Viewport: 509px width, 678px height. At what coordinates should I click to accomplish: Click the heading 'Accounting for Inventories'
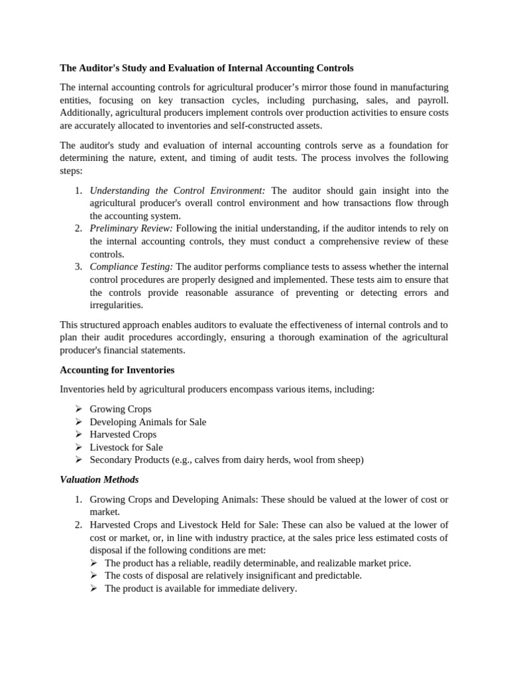(x=117, y=369)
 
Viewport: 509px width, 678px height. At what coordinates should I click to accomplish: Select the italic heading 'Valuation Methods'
(x=99, y=479)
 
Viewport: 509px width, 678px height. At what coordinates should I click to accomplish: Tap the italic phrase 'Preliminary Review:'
(x=131, y=228)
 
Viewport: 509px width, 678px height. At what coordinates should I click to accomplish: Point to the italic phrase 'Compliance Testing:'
(x=131, y=267)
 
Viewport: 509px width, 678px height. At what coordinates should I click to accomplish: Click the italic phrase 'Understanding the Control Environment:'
(x=177, y=191)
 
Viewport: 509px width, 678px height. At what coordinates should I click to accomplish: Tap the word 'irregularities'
(x=117, y=305)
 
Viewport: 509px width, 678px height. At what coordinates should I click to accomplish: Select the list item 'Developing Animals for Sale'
(x=148, y=422)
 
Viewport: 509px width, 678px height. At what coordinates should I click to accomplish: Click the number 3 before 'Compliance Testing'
(x=78, y=267)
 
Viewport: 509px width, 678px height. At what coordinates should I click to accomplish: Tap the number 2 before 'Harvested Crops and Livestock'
(x=78, y=525)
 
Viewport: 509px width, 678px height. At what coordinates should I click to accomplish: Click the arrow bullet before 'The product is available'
(x=94, y=588)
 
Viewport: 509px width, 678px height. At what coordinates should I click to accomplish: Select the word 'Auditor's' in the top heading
(x=99, y=68)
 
